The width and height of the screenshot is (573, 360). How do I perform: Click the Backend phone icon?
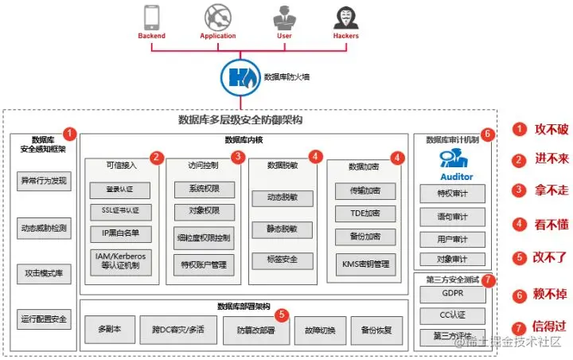[151, 18]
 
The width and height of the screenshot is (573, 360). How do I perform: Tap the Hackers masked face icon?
[345, 18]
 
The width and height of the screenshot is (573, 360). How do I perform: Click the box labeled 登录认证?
[122, 190]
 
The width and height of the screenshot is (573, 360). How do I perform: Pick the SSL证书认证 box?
[122, 210]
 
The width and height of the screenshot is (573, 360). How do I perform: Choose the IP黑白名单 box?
[122, 231]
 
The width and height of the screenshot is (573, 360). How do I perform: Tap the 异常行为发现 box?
[45, 181]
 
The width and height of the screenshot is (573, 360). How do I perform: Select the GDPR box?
[453, 294]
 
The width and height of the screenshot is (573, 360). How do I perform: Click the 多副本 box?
[108, 329]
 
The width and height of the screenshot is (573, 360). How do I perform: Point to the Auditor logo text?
[456, 176]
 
